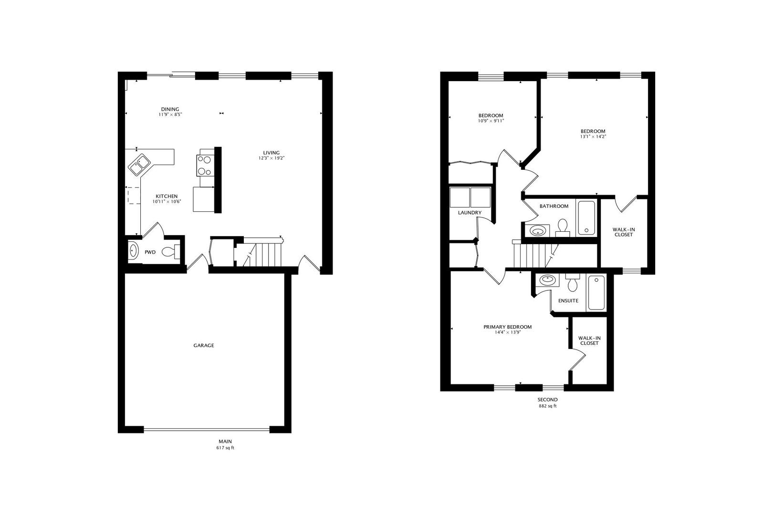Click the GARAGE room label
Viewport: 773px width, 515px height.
[203, 345]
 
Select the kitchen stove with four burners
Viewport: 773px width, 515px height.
[206, 166]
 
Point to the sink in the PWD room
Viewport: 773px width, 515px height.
[133, 251]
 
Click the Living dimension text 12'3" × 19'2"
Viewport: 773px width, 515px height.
[272, 158]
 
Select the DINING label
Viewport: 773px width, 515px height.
[170, 109]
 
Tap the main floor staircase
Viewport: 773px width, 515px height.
[265, 255]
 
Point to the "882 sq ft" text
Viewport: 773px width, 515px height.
[547, 406]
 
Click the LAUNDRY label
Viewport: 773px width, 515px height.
[470, 213]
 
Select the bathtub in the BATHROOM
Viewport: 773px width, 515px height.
[586, 218]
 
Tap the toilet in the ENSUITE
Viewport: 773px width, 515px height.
[572, 284]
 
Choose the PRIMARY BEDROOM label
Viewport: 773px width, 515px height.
[507, 327]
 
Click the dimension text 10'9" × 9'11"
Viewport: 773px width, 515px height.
[491, 121]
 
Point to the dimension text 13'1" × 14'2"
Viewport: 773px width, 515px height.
[593, 137]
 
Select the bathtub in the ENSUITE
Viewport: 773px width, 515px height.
[596, 293]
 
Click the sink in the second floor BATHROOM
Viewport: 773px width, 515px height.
[538, 231]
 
